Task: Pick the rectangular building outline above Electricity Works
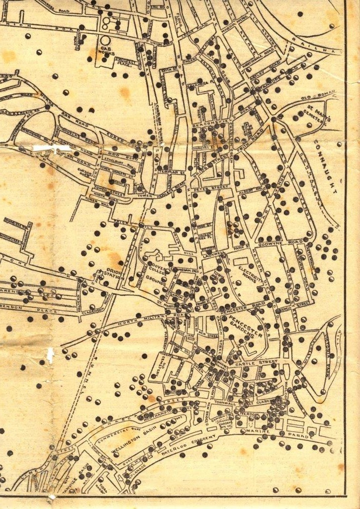pos(242,260)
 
